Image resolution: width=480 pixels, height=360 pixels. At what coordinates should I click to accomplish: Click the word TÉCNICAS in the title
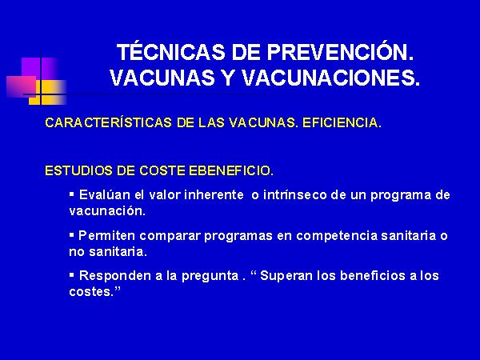click(x=171, y=52)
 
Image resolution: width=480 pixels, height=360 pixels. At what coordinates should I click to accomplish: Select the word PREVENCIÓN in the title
click(x=340, y=52)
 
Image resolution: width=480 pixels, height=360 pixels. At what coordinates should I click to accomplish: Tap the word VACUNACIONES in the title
click(x=330, y=78)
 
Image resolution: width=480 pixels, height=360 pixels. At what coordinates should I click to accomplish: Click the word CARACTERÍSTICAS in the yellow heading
click(x=108, y=122)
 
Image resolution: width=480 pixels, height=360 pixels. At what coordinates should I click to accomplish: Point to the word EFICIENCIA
click(x=342, y=122)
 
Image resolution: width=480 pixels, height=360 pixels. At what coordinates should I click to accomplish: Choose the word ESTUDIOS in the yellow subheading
click(x=78, y=170)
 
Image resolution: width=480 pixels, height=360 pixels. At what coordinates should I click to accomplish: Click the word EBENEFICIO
click(x=231, y=170)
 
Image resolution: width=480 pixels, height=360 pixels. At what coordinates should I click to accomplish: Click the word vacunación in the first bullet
click(x=107, y=211)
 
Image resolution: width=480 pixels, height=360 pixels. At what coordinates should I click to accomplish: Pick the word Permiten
click(x=107, y=235)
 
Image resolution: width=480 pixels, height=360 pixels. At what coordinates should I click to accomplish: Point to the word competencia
click(x=337, y=235)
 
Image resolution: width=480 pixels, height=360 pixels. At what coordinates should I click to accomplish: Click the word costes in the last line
click(x=90, y=292)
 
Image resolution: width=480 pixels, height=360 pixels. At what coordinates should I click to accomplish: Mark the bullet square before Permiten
click(x=72, y=234)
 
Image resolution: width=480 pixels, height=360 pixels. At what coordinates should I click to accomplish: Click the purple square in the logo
click(x=40, y=67)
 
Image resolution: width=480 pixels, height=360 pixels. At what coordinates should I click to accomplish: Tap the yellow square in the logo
click(x=47, y=92)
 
